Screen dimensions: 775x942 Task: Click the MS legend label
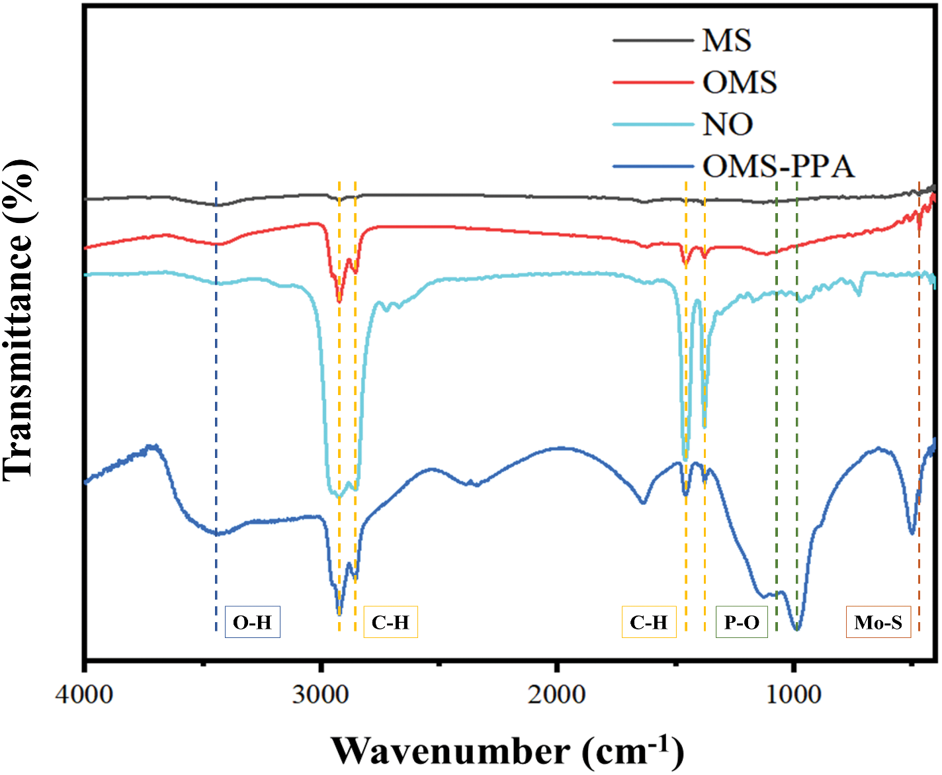726,40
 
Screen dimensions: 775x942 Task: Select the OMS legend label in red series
739,83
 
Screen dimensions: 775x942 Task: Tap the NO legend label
727,124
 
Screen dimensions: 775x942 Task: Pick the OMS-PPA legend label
778,166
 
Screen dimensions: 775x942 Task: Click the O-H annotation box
252,622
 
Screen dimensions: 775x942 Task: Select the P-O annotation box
742,622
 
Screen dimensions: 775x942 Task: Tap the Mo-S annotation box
878,622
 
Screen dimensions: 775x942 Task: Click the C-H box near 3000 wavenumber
390,622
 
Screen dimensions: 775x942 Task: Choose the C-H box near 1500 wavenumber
648,622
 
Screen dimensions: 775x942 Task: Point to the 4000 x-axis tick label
85,694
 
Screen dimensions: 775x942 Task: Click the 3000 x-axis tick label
321,694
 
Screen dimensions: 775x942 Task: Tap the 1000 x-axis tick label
793,694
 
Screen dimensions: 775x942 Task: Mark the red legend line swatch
652,82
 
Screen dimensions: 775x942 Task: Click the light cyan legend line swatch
652,124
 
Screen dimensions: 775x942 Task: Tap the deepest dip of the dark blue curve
797,629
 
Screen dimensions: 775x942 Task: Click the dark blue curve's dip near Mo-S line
912,533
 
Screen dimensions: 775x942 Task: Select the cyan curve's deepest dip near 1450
685,459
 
